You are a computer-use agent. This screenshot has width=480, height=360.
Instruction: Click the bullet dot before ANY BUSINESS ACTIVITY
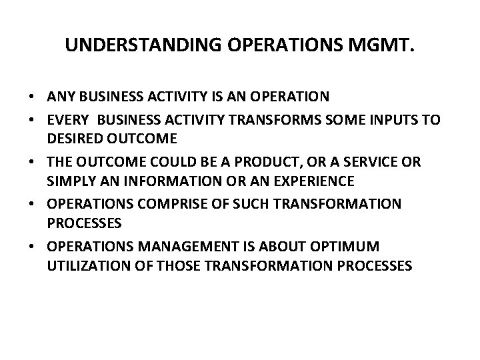[x=31, y=97]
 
